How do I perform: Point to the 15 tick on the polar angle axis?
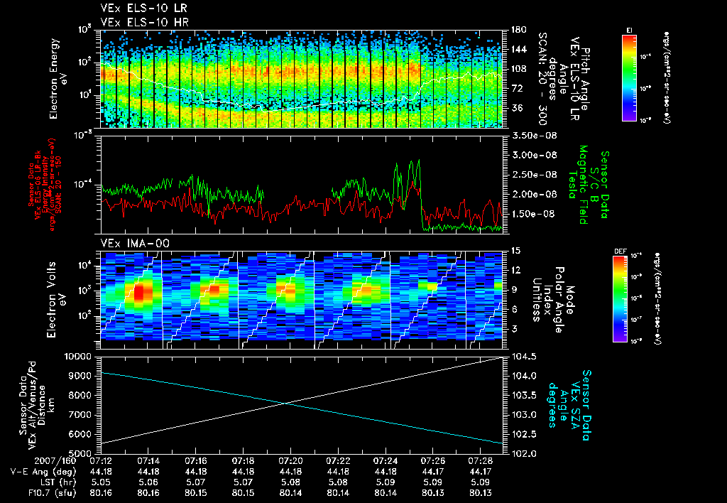(513, 251)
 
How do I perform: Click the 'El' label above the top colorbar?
(629, 29)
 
